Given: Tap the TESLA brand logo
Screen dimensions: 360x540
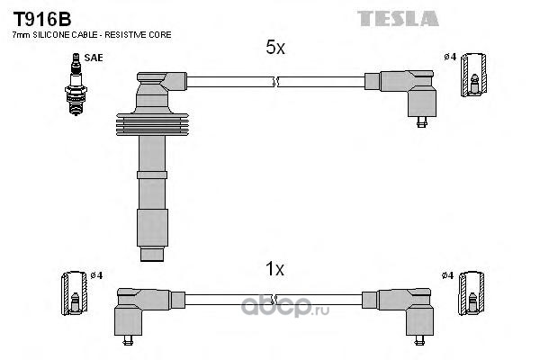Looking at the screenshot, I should click(398, 18).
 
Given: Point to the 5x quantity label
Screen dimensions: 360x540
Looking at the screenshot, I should click(275, 49).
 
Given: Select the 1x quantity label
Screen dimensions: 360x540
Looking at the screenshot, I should click(275, 268).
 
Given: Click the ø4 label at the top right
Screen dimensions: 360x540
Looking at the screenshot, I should click(449, 58).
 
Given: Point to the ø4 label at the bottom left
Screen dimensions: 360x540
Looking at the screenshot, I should click(96, 274).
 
